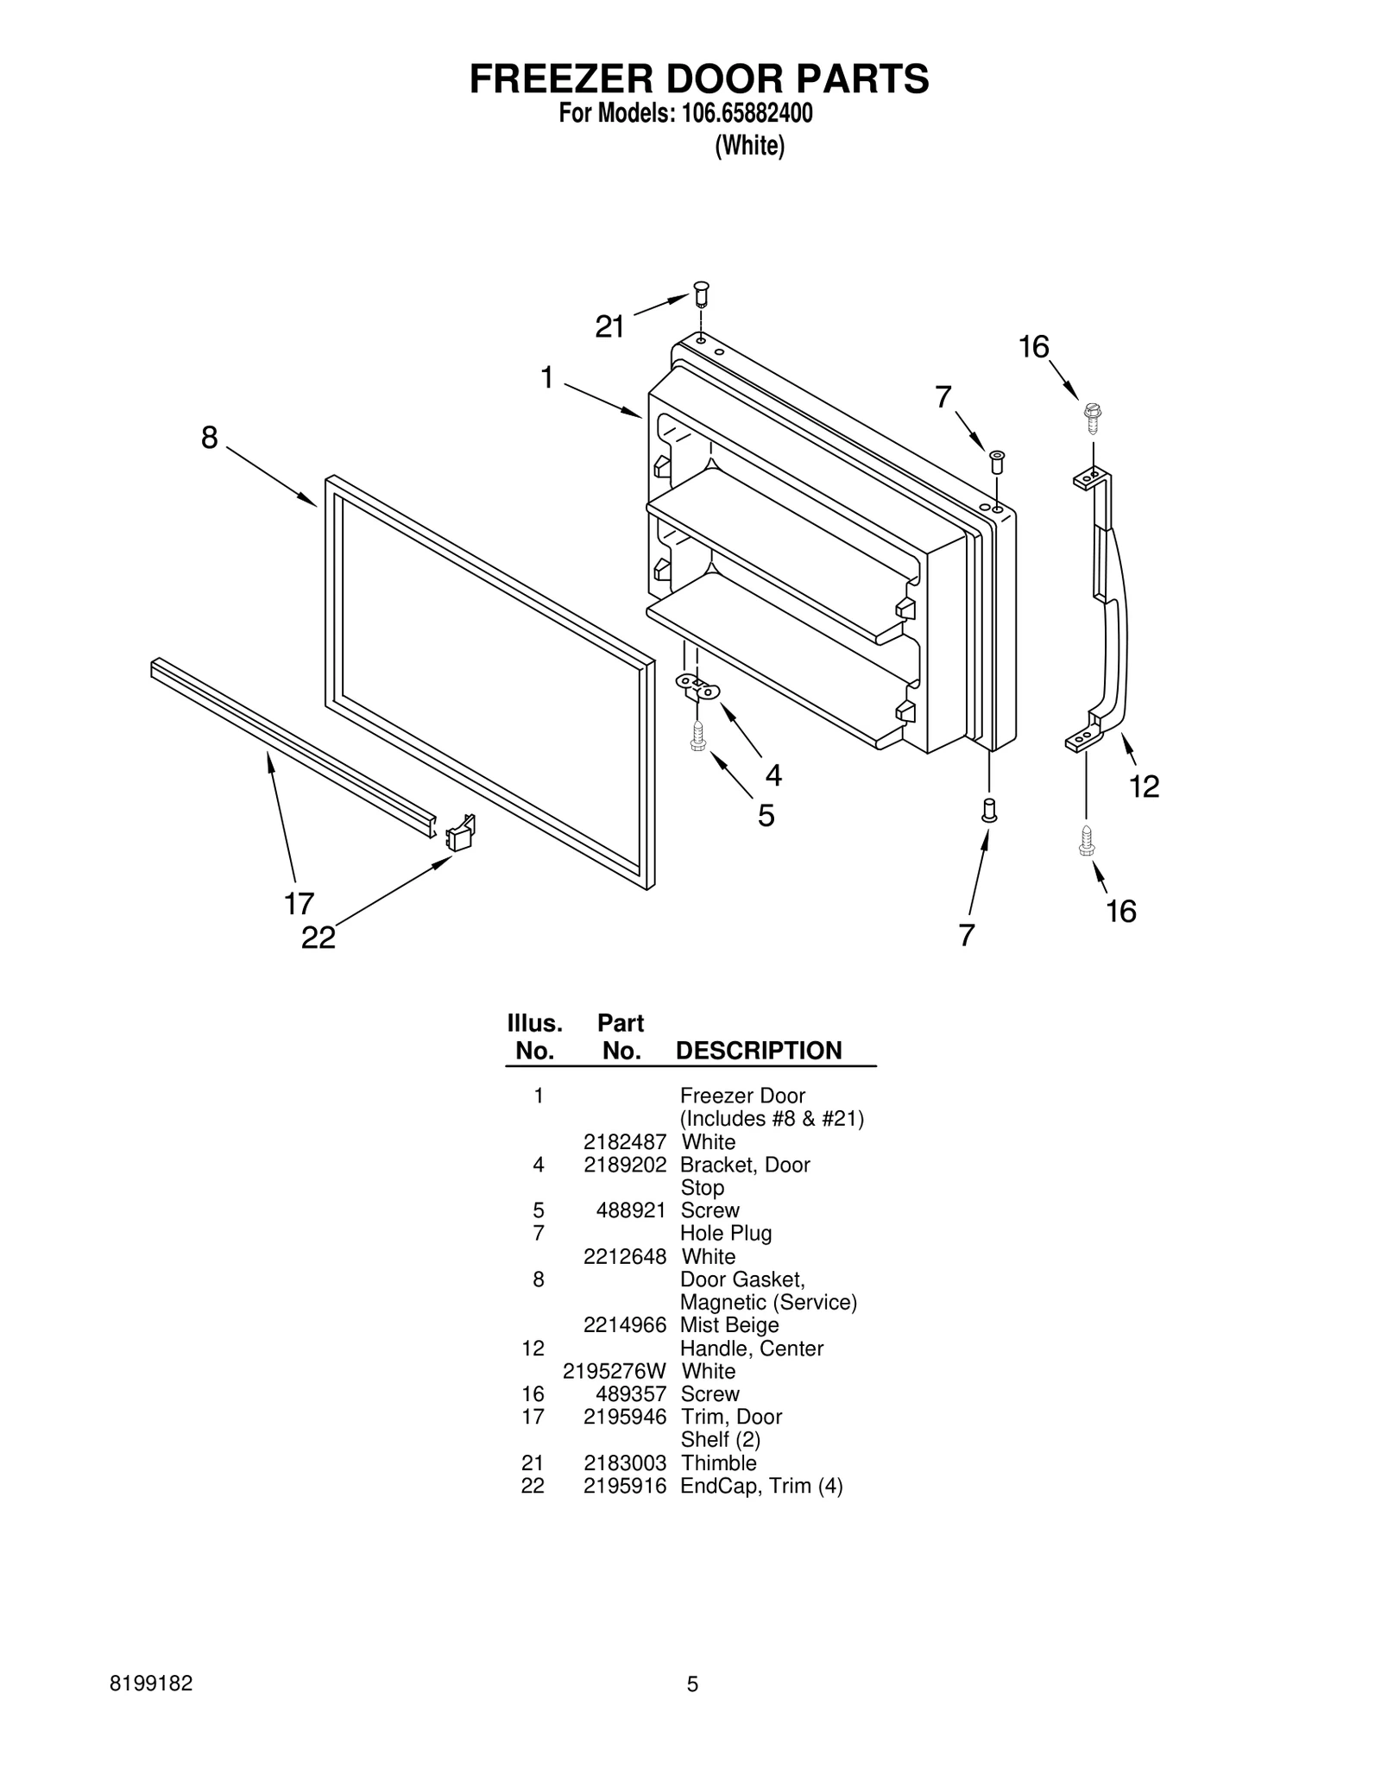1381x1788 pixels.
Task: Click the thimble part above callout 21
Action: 700,294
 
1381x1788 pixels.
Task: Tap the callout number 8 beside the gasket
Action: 210,438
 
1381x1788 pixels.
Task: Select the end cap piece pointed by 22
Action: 460,833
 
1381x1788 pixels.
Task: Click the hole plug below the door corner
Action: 989,810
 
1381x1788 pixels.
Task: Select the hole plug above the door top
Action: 996,460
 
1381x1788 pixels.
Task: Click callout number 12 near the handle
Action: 1145,786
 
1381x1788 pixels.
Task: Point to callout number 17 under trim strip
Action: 299,904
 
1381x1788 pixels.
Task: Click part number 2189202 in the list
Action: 624,1165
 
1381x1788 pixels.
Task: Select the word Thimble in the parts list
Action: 718,1463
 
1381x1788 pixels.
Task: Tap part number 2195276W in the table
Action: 614,1371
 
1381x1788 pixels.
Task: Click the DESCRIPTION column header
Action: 758,1050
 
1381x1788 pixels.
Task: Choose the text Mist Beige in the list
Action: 728,1324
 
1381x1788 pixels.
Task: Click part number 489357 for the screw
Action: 631,1393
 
